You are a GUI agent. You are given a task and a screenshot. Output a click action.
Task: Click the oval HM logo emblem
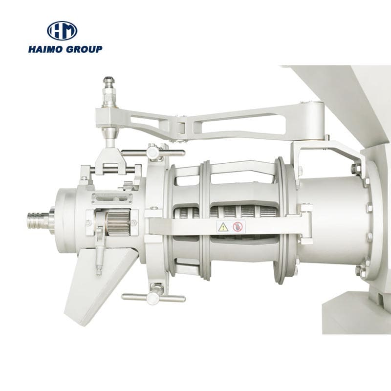click(62, 31)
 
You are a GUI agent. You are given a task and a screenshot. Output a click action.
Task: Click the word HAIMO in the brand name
click(45, 49)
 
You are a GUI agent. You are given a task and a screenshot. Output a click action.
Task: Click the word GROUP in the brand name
click(84, 49)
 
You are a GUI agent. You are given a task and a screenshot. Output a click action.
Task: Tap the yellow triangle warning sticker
click(223, 227)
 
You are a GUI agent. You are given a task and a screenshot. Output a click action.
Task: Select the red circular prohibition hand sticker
click(238, 227)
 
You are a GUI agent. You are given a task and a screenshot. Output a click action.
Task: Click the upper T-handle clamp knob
click(152, 152)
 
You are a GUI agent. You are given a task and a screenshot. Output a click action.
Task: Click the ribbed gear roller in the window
click(118, 222)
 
